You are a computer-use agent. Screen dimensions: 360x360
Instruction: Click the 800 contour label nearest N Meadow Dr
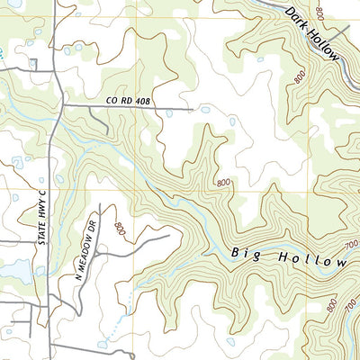tap(120, 230)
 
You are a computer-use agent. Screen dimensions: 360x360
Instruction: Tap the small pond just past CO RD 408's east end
tap(204, 111)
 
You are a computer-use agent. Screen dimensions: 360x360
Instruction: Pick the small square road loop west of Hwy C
tap(34, 64)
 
